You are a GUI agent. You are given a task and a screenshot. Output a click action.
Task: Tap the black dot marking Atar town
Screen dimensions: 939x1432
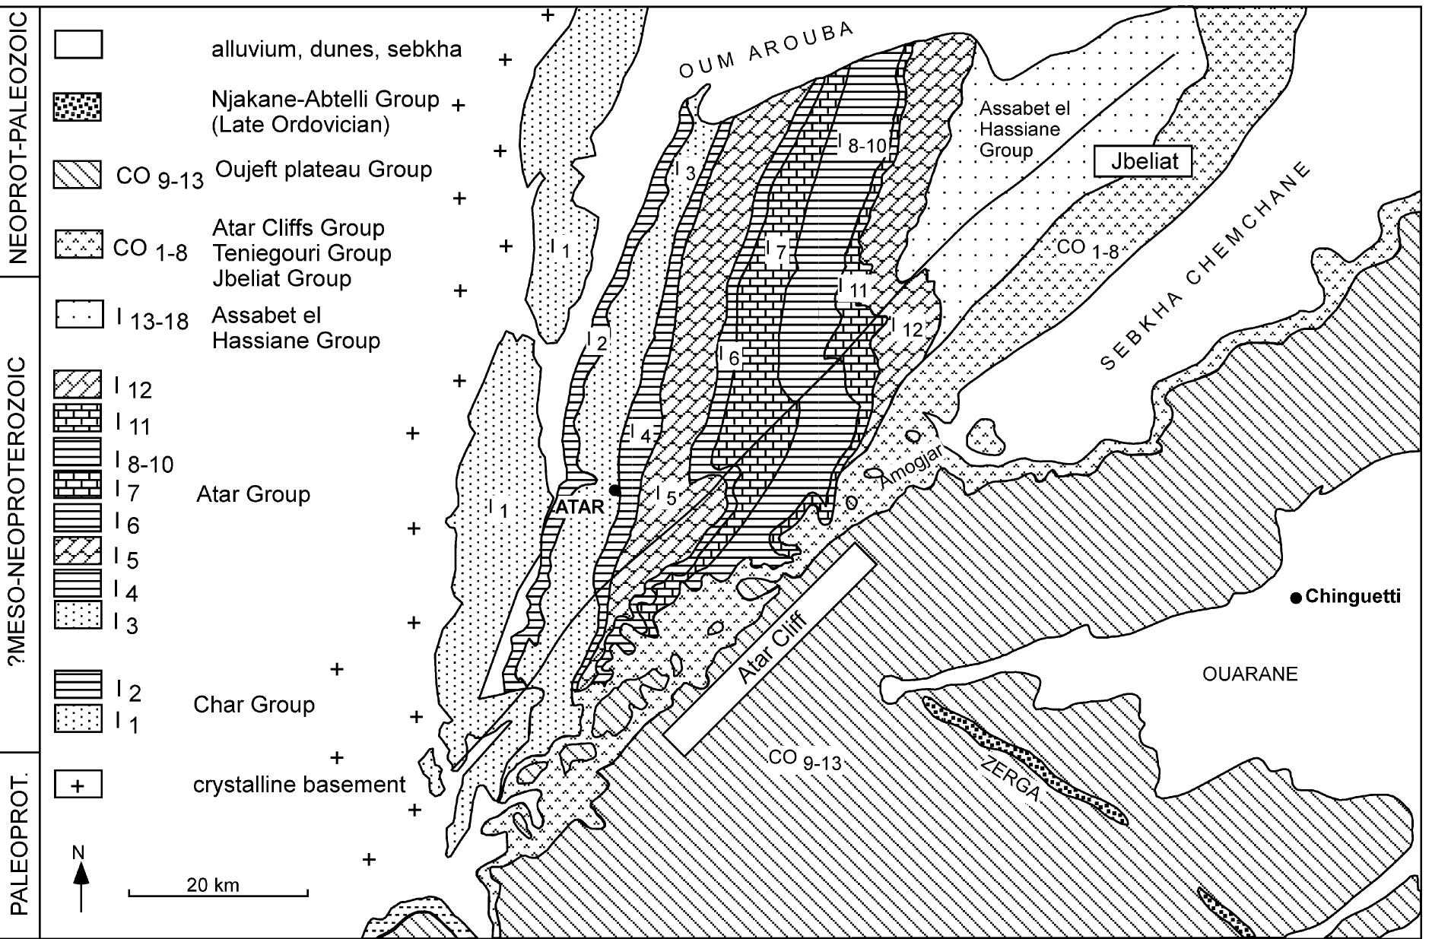(615, 491)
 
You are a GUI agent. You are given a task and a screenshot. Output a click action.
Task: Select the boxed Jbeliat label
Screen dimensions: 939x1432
(1142, 162)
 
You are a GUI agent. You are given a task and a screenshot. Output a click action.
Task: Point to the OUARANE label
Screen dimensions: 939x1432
(1249, 674)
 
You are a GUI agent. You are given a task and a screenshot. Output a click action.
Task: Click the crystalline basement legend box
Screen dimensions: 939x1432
(78, 785)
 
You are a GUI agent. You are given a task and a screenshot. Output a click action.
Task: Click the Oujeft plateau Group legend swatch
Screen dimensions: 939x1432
(78, 175)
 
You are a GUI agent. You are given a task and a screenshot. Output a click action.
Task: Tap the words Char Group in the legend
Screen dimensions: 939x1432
(253, 704)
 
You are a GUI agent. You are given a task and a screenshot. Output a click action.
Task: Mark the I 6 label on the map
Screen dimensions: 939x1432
(728, 356)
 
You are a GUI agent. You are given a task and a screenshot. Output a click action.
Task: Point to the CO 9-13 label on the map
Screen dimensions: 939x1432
(805, 760)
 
